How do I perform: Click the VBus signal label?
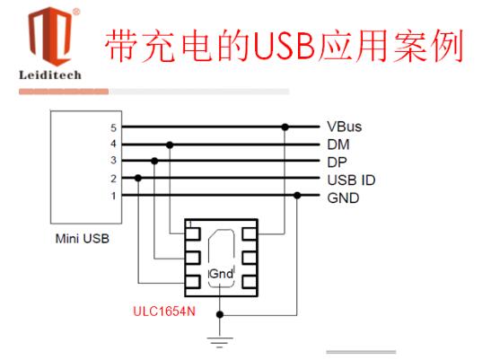click(344, 127)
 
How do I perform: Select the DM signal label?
click(338, 145)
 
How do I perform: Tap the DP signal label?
click(337, 162)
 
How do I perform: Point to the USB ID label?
click(351, 180)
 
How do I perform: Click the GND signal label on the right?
click(343, 198)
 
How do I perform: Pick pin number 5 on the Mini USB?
click(113, 127)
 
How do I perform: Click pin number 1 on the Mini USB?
click(113, 196)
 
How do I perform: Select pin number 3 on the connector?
click(113, 161)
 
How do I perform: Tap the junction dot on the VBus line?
click(285, 127)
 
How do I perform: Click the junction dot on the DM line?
click(170, 145)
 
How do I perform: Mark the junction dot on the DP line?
click(154, 161)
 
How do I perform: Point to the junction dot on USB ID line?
click(138, 179)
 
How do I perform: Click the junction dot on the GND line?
click(297, 196)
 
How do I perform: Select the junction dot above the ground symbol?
click(220, 314)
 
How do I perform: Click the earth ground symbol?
click(220, 342)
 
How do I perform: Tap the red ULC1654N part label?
click(164, 312)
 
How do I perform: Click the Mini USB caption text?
click(83, 239)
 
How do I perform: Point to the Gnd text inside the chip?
click(221, 274)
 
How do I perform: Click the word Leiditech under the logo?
click(50, 75)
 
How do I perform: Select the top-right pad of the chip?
click(250, 234)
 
